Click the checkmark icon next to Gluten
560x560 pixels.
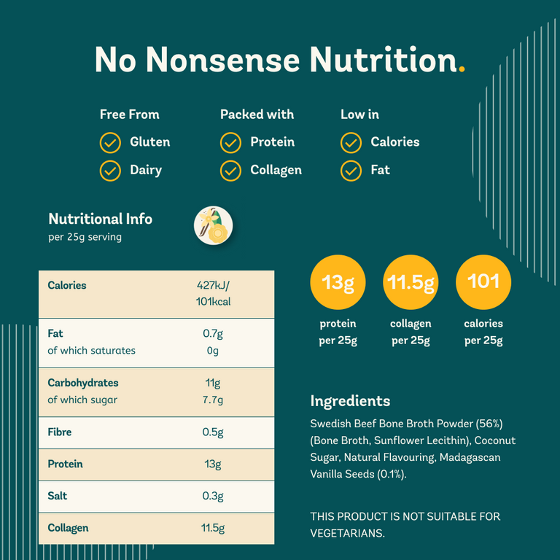110,142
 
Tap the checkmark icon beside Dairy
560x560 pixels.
110,171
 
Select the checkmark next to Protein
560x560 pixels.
230,142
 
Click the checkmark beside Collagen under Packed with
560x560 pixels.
230,171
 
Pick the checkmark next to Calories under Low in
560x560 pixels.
351,142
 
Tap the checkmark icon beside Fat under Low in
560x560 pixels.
351,171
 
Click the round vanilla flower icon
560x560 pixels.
214,225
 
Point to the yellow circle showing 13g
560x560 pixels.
338,281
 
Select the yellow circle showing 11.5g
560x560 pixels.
411,281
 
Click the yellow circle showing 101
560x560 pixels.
483,281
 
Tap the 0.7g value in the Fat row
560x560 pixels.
213,334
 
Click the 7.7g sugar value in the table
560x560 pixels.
213,400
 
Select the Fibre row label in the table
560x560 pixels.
60,432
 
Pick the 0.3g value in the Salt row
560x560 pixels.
213,496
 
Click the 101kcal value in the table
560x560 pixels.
213,301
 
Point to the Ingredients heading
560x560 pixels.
350,401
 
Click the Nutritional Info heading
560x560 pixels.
100,219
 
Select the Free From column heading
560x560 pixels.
129,114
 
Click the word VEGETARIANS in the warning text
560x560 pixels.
346,534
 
